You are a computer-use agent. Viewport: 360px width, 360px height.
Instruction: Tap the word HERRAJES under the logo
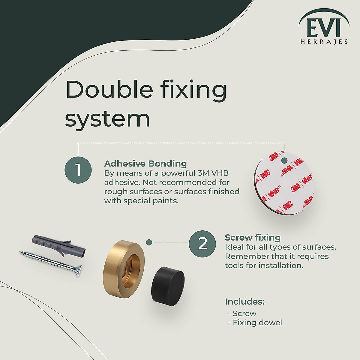tap(324, 42)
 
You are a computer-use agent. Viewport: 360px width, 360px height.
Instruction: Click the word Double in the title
tap(109, 89)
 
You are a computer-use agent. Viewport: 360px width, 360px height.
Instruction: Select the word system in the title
tap(107, 119)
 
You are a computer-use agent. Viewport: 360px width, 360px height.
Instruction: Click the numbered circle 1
tap(78, 170)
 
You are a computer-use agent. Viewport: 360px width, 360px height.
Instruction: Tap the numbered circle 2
tap(202, 244)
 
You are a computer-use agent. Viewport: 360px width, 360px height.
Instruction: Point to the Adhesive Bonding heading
tap(145, 163)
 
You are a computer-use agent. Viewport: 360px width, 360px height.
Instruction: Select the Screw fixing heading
tap(253, 238)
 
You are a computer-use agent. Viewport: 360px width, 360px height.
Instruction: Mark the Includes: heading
tap(244, 301)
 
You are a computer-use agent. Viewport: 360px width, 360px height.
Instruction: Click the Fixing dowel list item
tap(257, 322)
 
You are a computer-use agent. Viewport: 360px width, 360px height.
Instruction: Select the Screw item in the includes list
tap(244, 313)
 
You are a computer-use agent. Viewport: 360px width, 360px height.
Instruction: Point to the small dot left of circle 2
tap(148, 242)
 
